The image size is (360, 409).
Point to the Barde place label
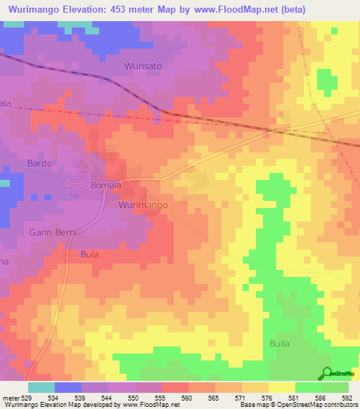(x=39, y=163)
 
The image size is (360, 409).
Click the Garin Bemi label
(x=52, y=232)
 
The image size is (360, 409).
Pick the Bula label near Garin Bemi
(x=89, y=254)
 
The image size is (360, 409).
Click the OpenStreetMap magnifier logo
(x=328, y=373)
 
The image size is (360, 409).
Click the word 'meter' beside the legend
(x=11, y=397)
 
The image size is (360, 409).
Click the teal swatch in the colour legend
(x=41, y=387)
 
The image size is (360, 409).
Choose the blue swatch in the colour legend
(x=68, y=387)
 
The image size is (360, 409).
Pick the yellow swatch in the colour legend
(x=282, y=387)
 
